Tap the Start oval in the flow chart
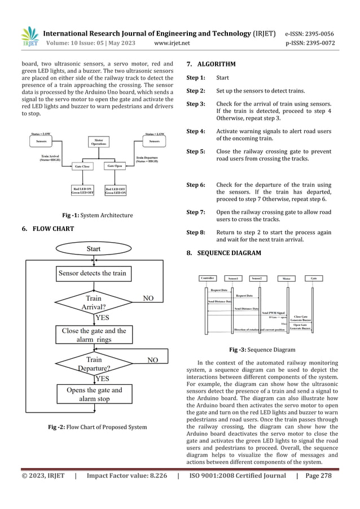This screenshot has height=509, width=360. [94, 248]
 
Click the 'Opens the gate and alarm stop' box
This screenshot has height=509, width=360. [94, 394]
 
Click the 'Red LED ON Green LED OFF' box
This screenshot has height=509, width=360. [82, 190]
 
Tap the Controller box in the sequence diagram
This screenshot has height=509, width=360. [210, 278]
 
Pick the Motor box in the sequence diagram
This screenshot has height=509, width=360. [286, 278]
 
